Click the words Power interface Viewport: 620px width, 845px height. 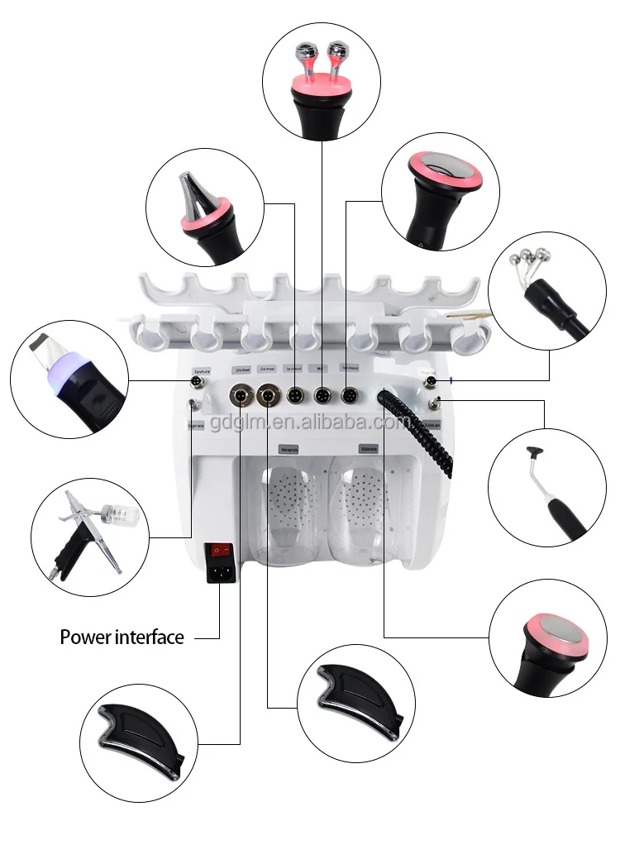click(x=122, y=637)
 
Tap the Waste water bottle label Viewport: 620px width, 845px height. click(x=289, y=451)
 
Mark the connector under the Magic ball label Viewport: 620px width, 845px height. click(x=430, y=381)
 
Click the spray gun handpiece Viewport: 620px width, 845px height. click(x=83, y=530)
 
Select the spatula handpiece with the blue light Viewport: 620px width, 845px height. click(x=70, y=377)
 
